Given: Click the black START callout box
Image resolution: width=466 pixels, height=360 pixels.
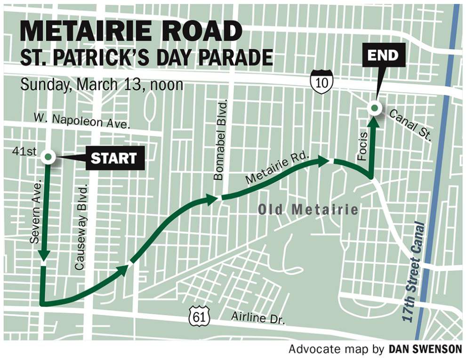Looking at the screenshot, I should pyautogui.click(x=113, y=159).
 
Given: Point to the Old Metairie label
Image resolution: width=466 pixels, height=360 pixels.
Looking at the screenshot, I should pyautogui.click(x=308, y=209).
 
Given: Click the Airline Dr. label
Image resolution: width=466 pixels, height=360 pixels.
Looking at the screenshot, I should pyautogui.click(x=258, y=318).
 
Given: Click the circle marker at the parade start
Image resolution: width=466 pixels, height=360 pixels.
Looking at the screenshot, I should pyautogui.click(x=48, y=157).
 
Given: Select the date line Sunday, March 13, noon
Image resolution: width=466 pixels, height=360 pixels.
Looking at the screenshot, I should pyautogui.click(x=101, y=85).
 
